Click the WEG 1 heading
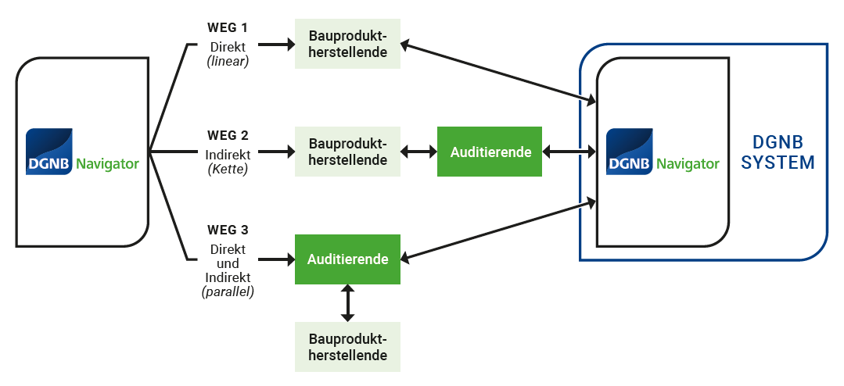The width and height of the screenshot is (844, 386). (x=228, y=29)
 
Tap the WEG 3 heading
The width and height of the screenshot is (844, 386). (x=228, y=231)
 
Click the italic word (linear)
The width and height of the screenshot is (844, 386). (x=228, y=60)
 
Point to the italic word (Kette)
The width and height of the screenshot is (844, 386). (x=228, y=168)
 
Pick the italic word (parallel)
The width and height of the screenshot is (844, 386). (x=228, y=292)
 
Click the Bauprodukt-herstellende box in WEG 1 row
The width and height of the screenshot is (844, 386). (x=348, y=45)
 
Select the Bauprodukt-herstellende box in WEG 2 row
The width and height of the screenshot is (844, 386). (x=348, y=152)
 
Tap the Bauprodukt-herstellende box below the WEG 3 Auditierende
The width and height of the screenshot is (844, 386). (x=348, y=347)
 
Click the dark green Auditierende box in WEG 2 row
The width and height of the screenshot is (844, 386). (x=490, y=152)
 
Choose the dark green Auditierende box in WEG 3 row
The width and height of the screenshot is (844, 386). (x=348, y=259)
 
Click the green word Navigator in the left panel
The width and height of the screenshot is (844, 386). (x=108, y=164)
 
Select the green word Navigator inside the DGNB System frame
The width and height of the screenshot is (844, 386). (x=688, y=164)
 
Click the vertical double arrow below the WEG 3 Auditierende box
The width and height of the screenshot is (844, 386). (x=348, y=302)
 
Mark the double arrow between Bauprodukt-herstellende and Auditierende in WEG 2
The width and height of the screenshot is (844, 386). (x=418, y=152)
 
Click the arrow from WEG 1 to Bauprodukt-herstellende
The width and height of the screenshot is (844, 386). (x=274, y=45)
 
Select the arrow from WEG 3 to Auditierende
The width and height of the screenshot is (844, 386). (x=274, y=259)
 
